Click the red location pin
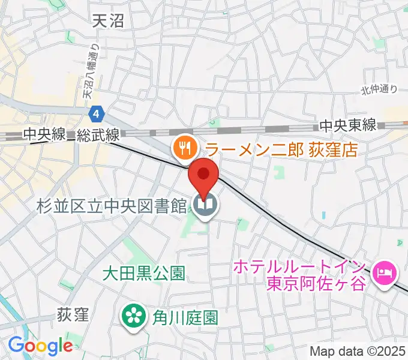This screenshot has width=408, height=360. [x=204, y=176]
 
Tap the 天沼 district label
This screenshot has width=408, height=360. [x=109, y=22]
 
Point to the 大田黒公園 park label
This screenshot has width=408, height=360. [x=143, y=274]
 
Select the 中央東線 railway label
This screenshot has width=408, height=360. [x=347, y=125]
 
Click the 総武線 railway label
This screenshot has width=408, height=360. [x=98, y=136]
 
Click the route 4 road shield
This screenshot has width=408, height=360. [x=97, y=113]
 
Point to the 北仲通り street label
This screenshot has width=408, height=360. [x=379, y=89]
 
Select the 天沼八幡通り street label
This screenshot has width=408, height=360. [x=89, y=71]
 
